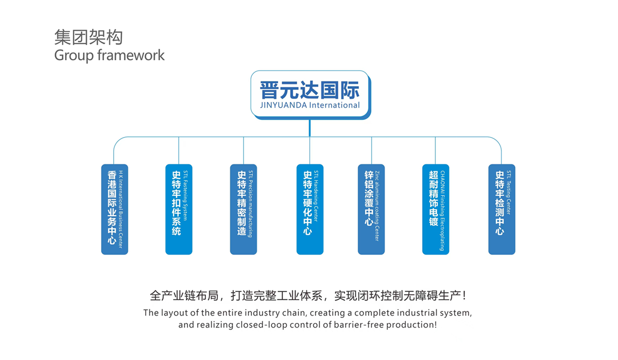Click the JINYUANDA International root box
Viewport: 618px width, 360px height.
(310, 94)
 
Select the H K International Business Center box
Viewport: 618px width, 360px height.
(114, 209)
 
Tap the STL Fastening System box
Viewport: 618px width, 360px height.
(179, 209)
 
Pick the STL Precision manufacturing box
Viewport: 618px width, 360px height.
(243, 209)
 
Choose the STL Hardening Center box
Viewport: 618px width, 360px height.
(310, 209)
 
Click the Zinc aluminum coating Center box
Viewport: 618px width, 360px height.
(371, 209)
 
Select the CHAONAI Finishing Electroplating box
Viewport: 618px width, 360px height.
(436, 209)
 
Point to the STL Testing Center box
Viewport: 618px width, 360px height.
(502, 209)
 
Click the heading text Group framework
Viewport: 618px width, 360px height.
(109, 55)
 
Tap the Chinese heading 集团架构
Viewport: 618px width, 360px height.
(89, 38)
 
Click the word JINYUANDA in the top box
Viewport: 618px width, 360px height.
(284, 106)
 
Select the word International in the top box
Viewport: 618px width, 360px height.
(335, 106)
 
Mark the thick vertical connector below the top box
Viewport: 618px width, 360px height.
(310, 128)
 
